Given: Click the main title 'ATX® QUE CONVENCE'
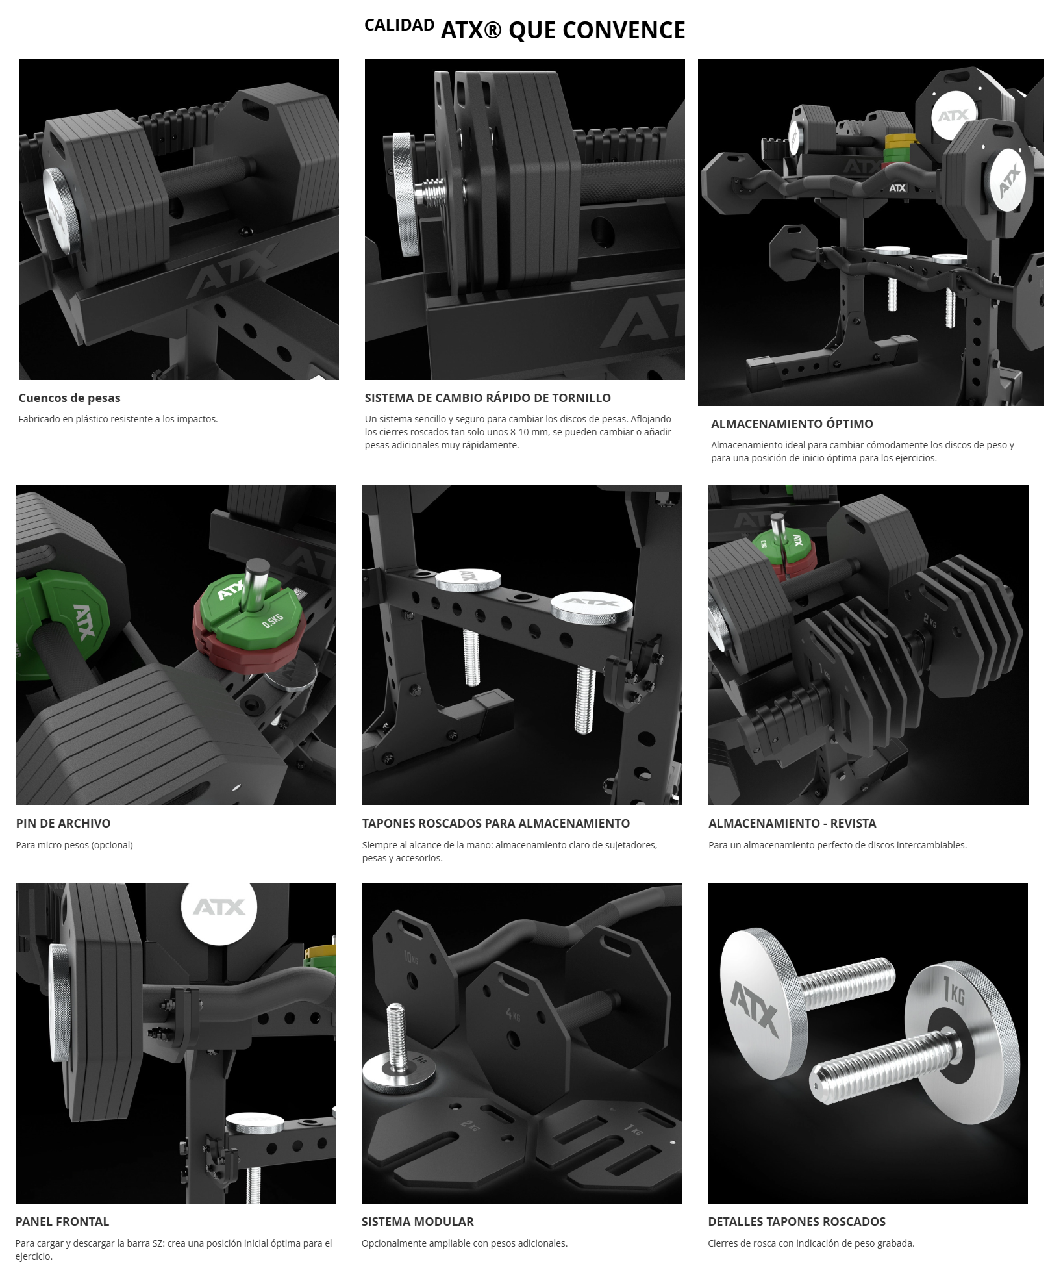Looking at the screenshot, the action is (x=563, y=31).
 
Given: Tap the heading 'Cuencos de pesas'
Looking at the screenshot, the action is (x=69, y=398).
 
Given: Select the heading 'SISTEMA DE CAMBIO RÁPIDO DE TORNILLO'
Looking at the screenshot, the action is (x=488, y=398).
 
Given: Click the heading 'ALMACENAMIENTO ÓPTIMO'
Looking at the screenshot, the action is (x=792, y=424).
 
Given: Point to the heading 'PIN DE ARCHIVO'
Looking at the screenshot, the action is (x=63, y=823).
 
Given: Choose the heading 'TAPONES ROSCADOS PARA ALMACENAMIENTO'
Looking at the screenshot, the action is (x=496, y=823).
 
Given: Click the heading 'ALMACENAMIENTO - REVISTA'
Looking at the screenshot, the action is (x=792, y=823).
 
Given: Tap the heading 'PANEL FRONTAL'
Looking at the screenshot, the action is (x=62, y=1221).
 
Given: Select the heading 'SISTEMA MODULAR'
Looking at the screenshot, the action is (x=418, y=1221).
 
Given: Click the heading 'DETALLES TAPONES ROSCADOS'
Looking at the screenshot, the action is (x=797, y=1221).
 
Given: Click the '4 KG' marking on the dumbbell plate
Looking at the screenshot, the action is (x=512, y=1015).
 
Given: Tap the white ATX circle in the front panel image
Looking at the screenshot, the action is (x=219, y=907).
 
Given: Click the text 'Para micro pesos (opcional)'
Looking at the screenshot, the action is (x=75, y=844).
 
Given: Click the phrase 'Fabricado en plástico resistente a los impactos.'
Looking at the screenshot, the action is (x=118, y=419).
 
